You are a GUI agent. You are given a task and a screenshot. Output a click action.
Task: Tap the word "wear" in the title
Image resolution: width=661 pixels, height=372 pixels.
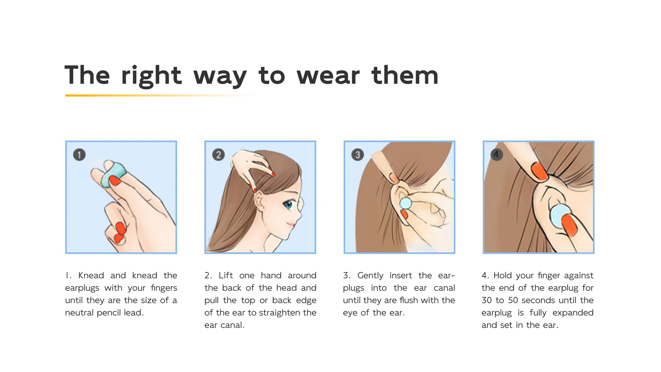328,75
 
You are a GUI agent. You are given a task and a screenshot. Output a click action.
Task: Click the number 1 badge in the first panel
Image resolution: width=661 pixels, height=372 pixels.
79,155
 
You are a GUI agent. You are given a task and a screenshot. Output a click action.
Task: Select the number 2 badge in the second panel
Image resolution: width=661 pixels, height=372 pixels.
218,155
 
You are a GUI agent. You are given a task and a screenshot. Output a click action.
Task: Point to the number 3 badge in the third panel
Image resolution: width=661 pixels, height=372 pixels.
357,155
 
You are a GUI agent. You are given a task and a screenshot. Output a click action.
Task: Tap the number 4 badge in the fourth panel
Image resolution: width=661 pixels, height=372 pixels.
496,154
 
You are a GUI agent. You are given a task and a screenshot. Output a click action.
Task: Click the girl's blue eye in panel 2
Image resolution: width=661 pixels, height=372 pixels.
288,205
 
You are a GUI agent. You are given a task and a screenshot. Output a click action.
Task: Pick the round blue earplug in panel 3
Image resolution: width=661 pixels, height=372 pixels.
406,203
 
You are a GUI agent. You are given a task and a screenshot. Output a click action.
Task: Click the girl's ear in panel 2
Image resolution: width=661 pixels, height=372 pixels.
259,201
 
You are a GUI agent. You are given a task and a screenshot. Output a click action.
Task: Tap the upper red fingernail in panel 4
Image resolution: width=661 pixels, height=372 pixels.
540,171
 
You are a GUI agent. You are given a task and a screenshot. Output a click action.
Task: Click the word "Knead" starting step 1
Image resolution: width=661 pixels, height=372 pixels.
91,276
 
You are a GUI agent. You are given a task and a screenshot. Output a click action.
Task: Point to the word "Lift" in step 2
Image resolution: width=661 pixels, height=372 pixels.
226,276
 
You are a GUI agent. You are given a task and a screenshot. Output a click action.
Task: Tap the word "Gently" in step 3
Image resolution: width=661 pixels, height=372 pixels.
370,276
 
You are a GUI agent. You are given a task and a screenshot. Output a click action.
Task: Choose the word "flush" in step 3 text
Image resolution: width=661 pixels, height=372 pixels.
409,300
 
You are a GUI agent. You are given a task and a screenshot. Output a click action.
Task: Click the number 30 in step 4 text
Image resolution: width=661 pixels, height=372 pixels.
486,300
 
